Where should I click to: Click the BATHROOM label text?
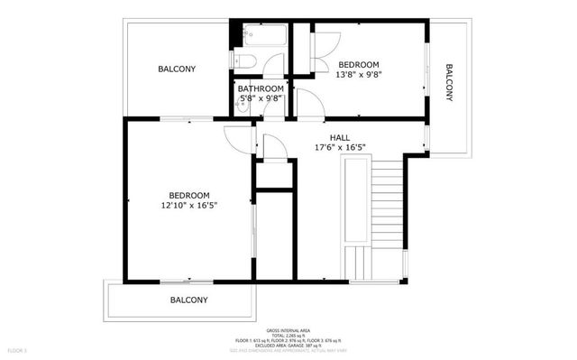click(261, 88)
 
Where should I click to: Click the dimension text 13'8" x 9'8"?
click(360, 76)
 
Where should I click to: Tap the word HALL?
click(339, 136)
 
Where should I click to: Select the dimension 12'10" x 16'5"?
click(189, 206)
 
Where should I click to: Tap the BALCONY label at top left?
click(177, 69)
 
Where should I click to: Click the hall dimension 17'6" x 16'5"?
click(339, 147)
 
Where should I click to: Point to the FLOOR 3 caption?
click(18, 349)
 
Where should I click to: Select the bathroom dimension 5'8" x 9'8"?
click(261, 98)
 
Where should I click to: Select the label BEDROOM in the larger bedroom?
click(189, 196)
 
